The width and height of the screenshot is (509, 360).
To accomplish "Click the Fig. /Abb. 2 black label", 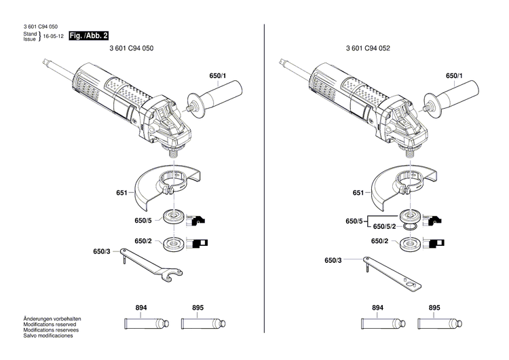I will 89,35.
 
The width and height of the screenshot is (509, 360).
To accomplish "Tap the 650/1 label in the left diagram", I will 216,76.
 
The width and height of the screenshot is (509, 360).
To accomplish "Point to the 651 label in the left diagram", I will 121,194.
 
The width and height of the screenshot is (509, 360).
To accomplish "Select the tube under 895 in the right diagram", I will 434,323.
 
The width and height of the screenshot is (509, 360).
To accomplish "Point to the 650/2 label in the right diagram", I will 379,241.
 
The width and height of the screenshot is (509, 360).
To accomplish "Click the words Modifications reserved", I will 49,325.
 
